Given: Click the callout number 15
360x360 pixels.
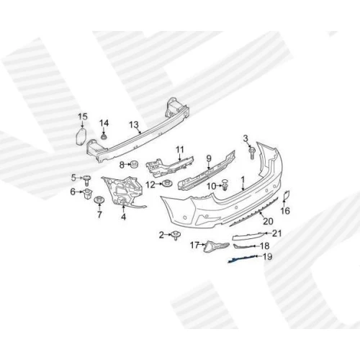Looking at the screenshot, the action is (x=83, y=117).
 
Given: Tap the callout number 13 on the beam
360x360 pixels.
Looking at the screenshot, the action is (x=134, y=125).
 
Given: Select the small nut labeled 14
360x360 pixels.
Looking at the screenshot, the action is (x=104, y=137).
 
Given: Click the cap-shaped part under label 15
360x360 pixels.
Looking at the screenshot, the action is (x=81, y=136).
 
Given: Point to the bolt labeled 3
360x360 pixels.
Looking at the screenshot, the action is (x=252, y=153).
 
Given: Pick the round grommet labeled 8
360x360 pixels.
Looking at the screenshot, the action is (x=133, y=165).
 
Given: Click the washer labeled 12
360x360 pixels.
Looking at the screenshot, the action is (x=167, y=184).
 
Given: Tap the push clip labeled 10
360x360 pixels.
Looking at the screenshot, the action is (x=225, y=185).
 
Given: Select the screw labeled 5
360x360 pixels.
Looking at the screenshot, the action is (x=87, y=180).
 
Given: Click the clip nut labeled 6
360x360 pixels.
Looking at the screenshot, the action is (x=87, y=193).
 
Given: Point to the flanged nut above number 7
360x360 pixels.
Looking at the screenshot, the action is (x=99, y=200).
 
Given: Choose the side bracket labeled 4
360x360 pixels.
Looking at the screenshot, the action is (x=123, y=192).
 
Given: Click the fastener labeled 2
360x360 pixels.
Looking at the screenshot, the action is (x=176, y=235).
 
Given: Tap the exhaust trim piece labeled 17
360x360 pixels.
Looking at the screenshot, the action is (x=216, y=246).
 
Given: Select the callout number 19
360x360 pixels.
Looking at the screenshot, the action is (x=268, y=257).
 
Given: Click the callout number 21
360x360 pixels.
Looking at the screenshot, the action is (x=276, y=233).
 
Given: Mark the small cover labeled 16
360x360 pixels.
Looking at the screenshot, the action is (x=287, y=196).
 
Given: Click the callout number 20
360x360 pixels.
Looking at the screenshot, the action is (x=268, y=221).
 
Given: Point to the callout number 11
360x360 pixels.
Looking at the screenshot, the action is (x=180, y=150).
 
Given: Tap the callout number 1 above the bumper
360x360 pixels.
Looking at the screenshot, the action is (x=243, y=179).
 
